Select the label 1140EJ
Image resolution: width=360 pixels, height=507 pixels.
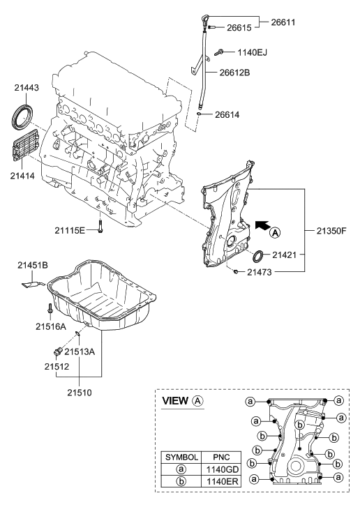pos(252,52)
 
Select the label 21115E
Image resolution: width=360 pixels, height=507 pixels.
pos(70,229)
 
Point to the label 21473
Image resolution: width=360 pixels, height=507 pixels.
pos(265,273)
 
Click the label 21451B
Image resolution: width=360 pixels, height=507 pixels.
pos(34,265)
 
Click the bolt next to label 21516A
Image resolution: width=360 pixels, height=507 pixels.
pos(50,308)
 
